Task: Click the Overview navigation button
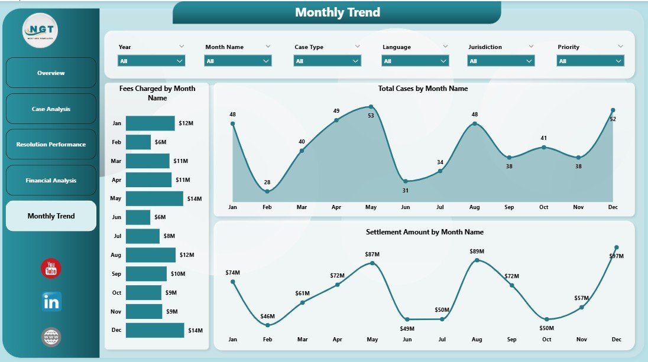click(x=51, y=73)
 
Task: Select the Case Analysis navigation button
click(x=51, y=109)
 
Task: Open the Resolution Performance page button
click(x=51, y=145)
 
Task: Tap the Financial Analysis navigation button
click(x=51, y=181)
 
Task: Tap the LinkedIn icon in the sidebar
click(x=51, y=302)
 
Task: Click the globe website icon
click(x=51, y=337)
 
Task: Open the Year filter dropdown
click(x=151, y=60)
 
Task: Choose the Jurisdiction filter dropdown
click(x=501, y=60)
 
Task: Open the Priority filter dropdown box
click(x=590, y=60)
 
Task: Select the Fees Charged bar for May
click(x=154, y=198)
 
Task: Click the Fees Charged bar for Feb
click(x=138, y=142)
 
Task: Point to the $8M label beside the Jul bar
click(x=169, y=236)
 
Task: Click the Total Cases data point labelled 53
click(x=371, y=107)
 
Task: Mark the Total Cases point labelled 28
click(x=267, y=191)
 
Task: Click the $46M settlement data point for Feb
click(x=268, y=325)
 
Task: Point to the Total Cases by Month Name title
click(x=423, y=89)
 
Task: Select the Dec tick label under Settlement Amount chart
click(x=616, y=340)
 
